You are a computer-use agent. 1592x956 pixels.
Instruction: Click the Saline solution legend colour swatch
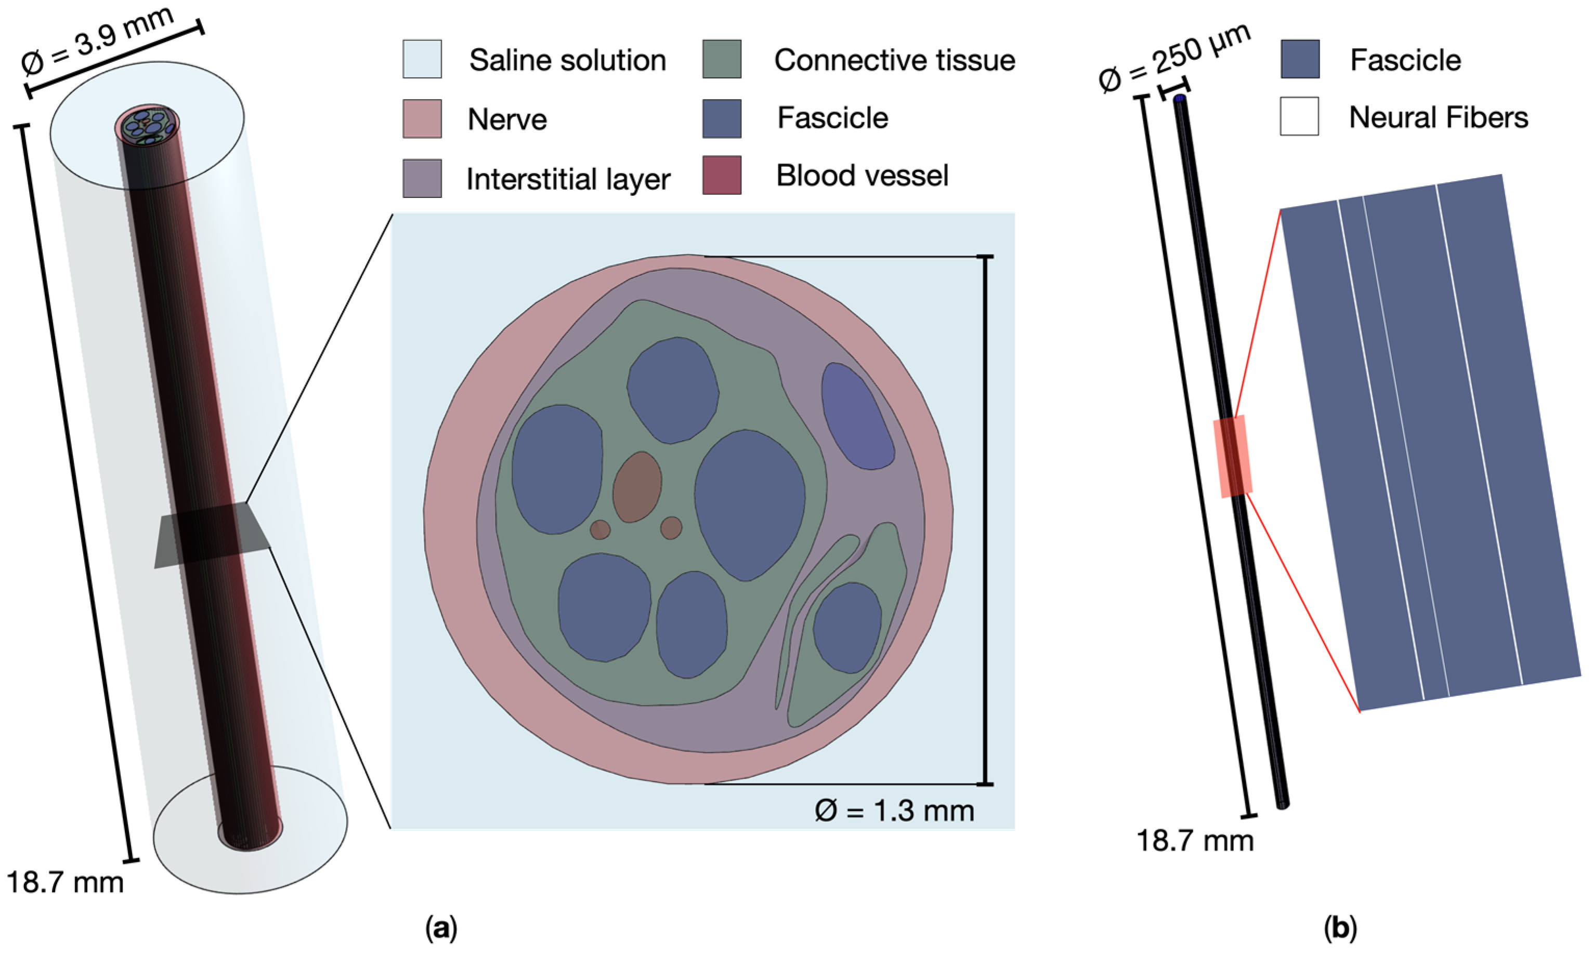pos(422,59)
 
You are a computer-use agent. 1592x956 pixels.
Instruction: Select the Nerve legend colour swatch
pos(422,118)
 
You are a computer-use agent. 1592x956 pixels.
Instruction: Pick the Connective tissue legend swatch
pos(721,59)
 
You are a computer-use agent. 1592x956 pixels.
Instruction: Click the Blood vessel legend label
pos(862,175)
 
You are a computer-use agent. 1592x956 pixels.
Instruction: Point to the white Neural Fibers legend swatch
pos(1299,116)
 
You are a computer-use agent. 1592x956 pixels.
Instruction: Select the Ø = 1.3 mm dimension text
pos(894,811)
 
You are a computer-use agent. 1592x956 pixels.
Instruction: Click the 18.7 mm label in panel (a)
pos(64,881)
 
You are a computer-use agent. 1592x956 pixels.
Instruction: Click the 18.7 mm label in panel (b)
pos(1194,841)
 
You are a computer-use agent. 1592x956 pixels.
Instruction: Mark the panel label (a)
pos(441,928)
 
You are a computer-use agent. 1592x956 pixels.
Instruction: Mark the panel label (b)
pos(1340,928)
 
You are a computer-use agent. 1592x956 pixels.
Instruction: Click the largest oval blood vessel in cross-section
pos(637,486)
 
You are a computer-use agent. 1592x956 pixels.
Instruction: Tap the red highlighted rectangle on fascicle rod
pos(1232,456)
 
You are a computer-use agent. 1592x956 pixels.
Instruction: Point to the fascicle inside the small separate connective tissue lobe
pos(847,628)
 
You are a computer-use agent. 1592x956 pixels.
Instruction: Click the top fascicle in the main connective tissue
pos(672,390)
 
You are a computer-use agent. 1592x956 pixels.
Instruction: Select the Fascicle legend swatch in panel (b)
pos(1299,59)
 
